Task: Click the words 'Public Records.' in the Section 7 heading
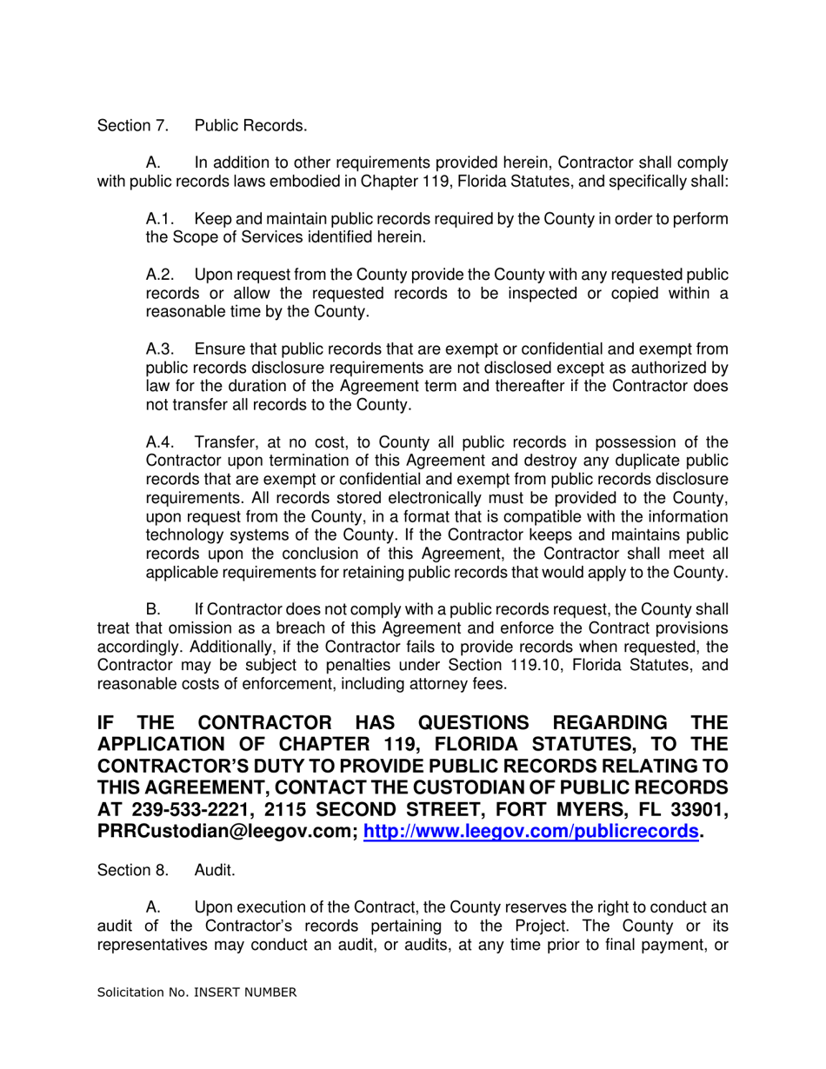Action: pyautogui.click(x=250, y=126)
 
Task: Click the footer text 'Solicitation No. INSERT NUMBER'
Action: pyautogui.click(x=197, y=992)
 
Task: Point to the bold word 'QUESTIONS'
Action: pyautogui.click(x=482, y=723)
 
